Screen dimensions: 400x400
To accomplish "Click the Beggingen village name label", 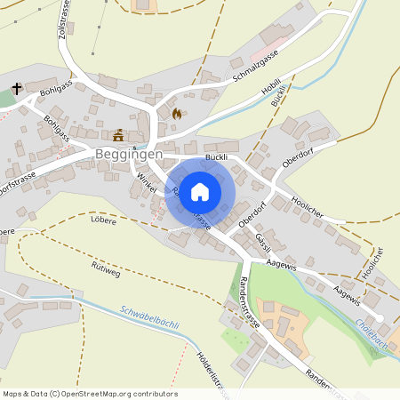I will coord(129,154).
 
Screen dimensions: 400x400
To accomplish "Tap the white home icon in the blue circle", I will coord(200,191).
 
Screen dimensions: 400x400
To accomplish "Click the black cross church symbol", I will coord(17,88).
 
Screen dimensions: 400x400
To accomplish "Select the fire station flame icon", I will coord(176,114).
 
